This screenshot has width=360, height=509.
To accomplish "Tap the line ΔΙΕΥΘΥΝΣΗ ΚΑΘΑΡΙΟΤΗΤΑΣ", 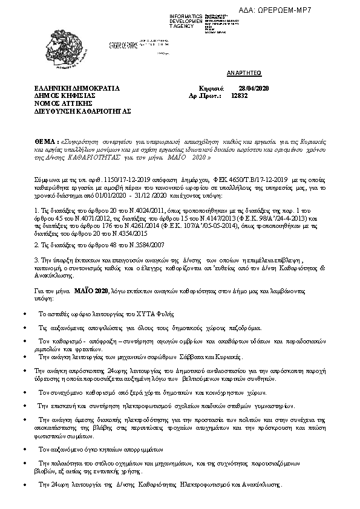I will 82,111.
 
